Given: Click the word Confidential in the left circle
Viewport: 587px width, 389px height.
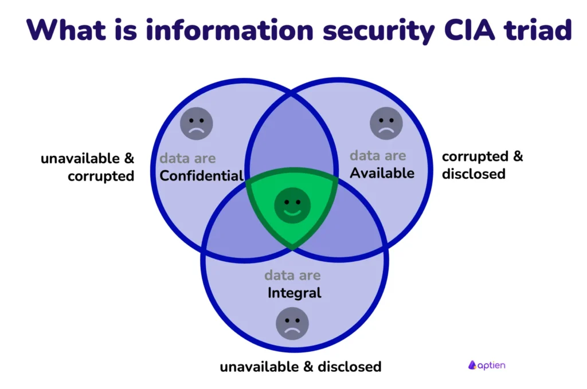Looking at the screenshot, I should (202, 175).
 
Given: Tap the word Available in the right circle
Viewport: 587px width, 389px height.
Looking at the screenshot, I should (382, 172).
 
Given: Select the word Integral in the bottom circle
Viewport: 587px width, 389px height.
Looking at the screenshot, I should (294, 293).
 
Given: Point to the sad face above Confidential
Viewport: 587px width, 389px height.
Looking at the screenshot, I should (197, 124).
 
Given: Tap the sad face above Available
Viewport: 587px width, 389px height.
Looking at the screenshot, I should (386, 123).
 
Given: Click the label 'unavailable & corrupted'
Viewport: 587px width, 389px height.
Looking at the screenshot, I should (87, 167).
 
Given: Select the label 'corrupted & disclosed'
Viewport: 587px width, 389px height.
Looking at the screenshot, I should (482, 164).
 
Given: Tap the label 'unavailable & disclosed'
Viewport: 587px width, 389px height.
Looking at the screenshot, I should (300, 366).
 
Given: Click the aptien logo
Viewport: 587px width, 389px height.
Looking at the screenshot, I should (487, 365).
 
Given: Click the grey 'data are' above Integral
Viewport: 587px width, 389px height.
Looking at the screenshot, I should (292, 276).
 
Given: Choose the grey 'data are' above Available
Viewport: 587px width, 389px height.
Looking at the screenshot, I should (378, 155).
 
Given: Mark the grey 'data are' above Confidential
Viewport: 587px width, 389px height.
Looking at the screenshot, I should (187, 158).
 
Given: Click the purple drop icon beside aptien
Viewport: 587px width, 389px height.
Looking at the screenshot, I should (472, 365).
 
